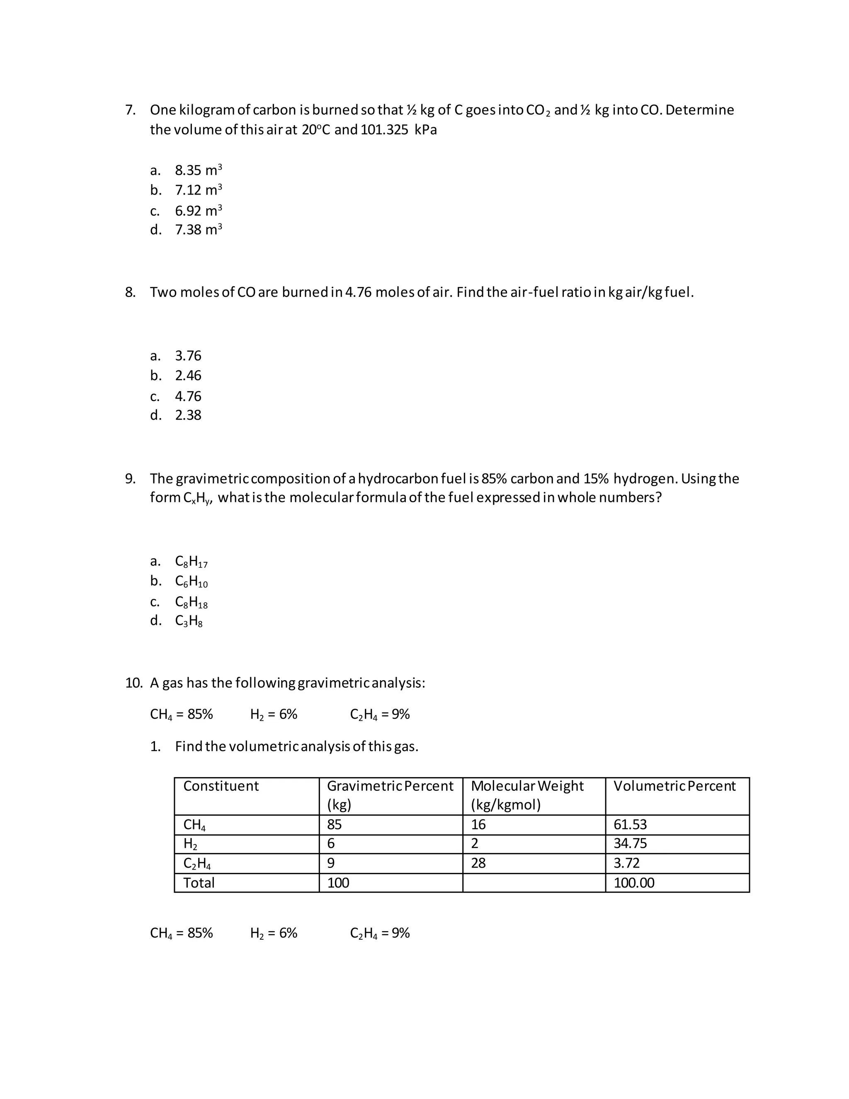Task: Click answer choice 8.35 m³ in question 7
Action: (198, 170)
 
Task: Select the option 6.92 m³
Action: (198, 210)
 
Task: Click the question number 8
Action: (130, 292)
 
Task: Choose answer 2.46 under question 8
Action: (188, 376)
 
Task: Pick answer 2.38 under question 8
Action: (188, 415)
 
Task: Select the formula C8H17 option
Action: (191, 562)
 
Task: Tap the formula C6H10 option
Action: (191, 582)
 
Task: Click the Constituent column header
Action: (221, 786)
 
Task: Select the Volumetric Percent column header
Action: (674, 786)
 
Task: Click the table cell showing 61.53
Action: (630, 824)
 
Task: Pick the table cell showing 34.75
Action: (630, 844)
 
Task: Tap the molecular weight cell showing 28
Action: (478, 863)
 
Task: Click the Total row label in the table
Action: (199, 883)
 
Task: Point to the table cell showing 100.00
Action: (634, 883)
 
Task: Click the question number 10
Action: (133, 683)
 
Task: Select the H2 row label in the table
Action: (190, 844)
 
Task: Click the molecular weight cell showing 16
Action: (478, 824)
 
